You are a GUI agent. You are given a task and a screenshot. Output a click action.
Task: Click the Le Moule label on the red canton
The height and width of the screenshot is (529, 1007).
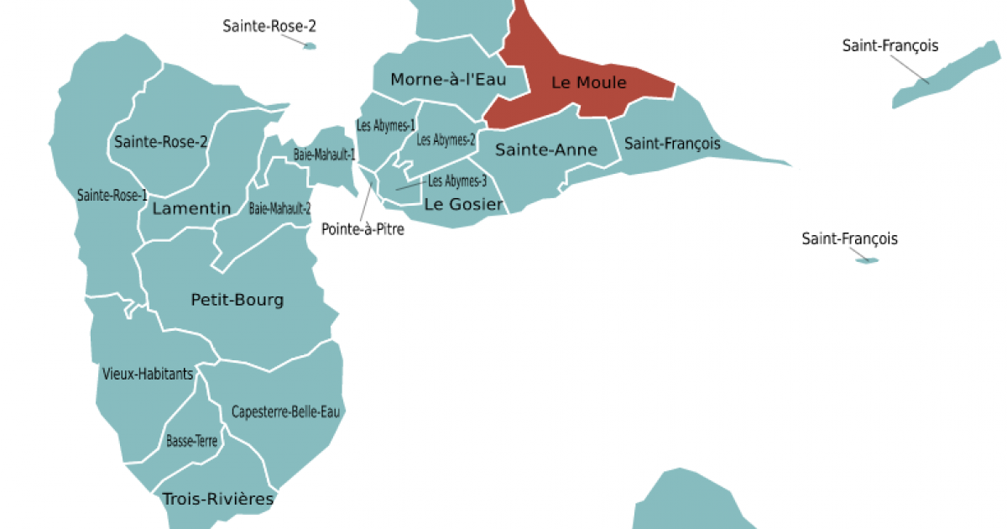[x=588, y=82]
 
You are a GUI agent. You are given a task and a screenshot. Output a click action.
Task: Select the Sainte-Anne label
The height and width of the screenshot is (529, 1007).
[x=545, y=150]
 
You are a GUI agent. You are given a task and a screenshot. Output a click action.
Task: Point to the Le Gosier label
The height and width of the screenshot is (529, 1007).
[x=463, y=204]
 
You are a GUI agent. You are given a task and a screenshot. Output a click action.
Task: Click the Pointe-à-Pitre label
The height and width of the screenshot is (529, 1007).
[x=363, y=228]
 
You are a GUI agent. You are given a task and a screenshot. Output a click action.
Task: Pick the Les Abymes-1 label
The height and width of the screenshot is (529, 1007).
[x=386, y=126]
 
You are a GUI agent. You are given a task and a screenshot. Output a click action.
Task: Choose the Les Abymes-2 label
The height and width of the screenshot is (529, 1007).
[x=446, y=139]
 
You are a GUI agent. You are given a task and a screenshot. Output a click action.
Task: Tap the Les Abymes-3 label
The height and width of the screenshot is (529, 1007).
[x=457, y=181]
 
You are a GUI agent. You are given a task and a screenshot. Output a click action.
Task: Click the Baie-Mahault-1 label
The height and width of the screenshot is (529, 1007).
[x=325, y=155]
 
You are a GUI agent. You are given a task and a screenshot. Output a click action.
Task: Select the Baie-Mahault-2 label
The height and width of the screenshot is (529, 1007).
[x=280, y=208]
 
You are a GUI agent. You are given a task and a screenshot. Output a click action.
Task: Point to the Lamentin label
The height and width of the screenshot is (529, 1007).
[x=192, y=208]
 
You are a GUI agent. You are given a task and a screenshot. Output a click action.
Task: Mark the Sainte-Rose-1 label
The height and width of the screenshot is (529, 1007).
[x=112, y=195]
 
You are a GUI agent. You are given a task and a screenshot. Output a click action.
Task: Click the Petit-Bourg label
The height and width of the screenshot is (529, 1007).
[x=237, y=300]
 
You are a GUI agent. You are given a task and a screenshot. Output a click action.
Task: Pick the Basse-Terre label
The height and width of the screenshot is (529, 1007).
[x=193, y=440]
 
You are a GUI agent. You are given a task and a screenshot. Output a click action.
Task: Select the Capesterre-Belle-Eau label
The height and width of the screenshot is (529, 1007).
[x=288, y=411]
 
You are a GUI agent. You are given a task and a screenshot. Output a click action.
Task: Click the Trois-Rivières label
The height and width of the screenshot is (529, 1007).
[x=218, y=499]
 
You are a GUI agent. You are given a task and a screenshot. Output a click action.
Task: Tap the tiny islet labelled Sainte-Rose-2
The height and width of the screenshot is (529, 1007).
[x=309, y=46]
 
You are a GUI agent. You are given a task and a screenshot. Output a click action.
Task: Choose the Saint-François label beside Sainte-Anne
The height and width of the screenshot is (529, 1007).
[x=672, y=144]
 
